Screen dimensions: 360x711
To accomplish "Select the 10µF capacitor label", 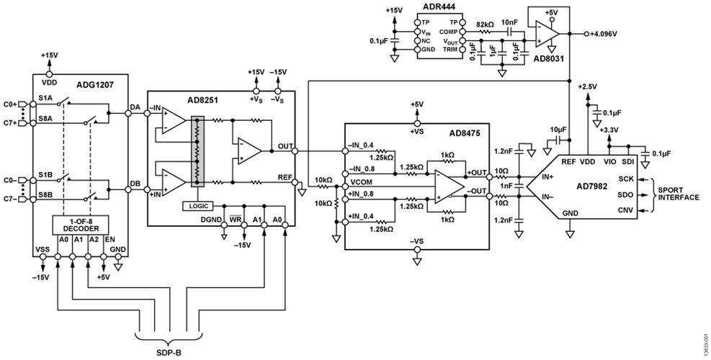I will (x=556, y=130).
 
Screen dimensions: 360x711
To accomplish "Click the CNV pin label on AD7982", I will (x=625, y=210).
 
